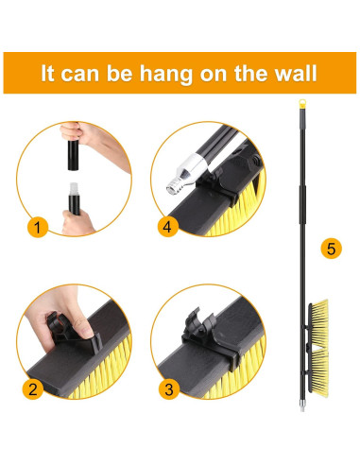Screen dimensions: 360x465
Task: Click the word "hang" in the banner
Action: point(165,74)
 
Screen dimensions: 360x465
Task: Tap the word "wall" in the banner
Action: point(295,73)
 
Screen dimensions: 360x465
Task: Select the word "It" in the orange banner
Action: point(47,73)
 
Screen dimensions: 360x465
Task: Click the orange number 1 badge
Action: point(38,227)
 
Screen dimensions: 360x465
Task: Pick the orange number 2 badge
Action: point(33,389)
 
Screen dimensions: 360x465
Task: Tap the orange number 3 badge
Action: point(168,389)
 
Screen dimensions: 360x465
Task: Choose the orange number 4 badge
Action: point(167,227)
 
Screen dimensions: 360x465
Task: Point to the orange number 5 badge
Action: point(331,249)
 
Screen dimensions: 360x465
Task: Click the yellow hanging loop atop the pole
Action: point(302,104)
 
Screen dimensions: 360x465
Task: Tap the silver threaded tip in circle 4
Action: point(172,188)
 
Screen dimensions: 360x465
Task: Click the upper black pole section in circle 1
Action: point(74,155)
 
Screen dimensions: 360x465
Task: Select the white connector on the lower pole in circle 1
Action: point(74,189)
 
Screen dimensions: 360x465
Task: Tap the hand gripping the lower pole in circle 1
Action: point(77,223)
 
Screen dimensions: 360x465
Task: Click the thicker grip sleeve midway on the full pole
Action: point(302,205)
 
